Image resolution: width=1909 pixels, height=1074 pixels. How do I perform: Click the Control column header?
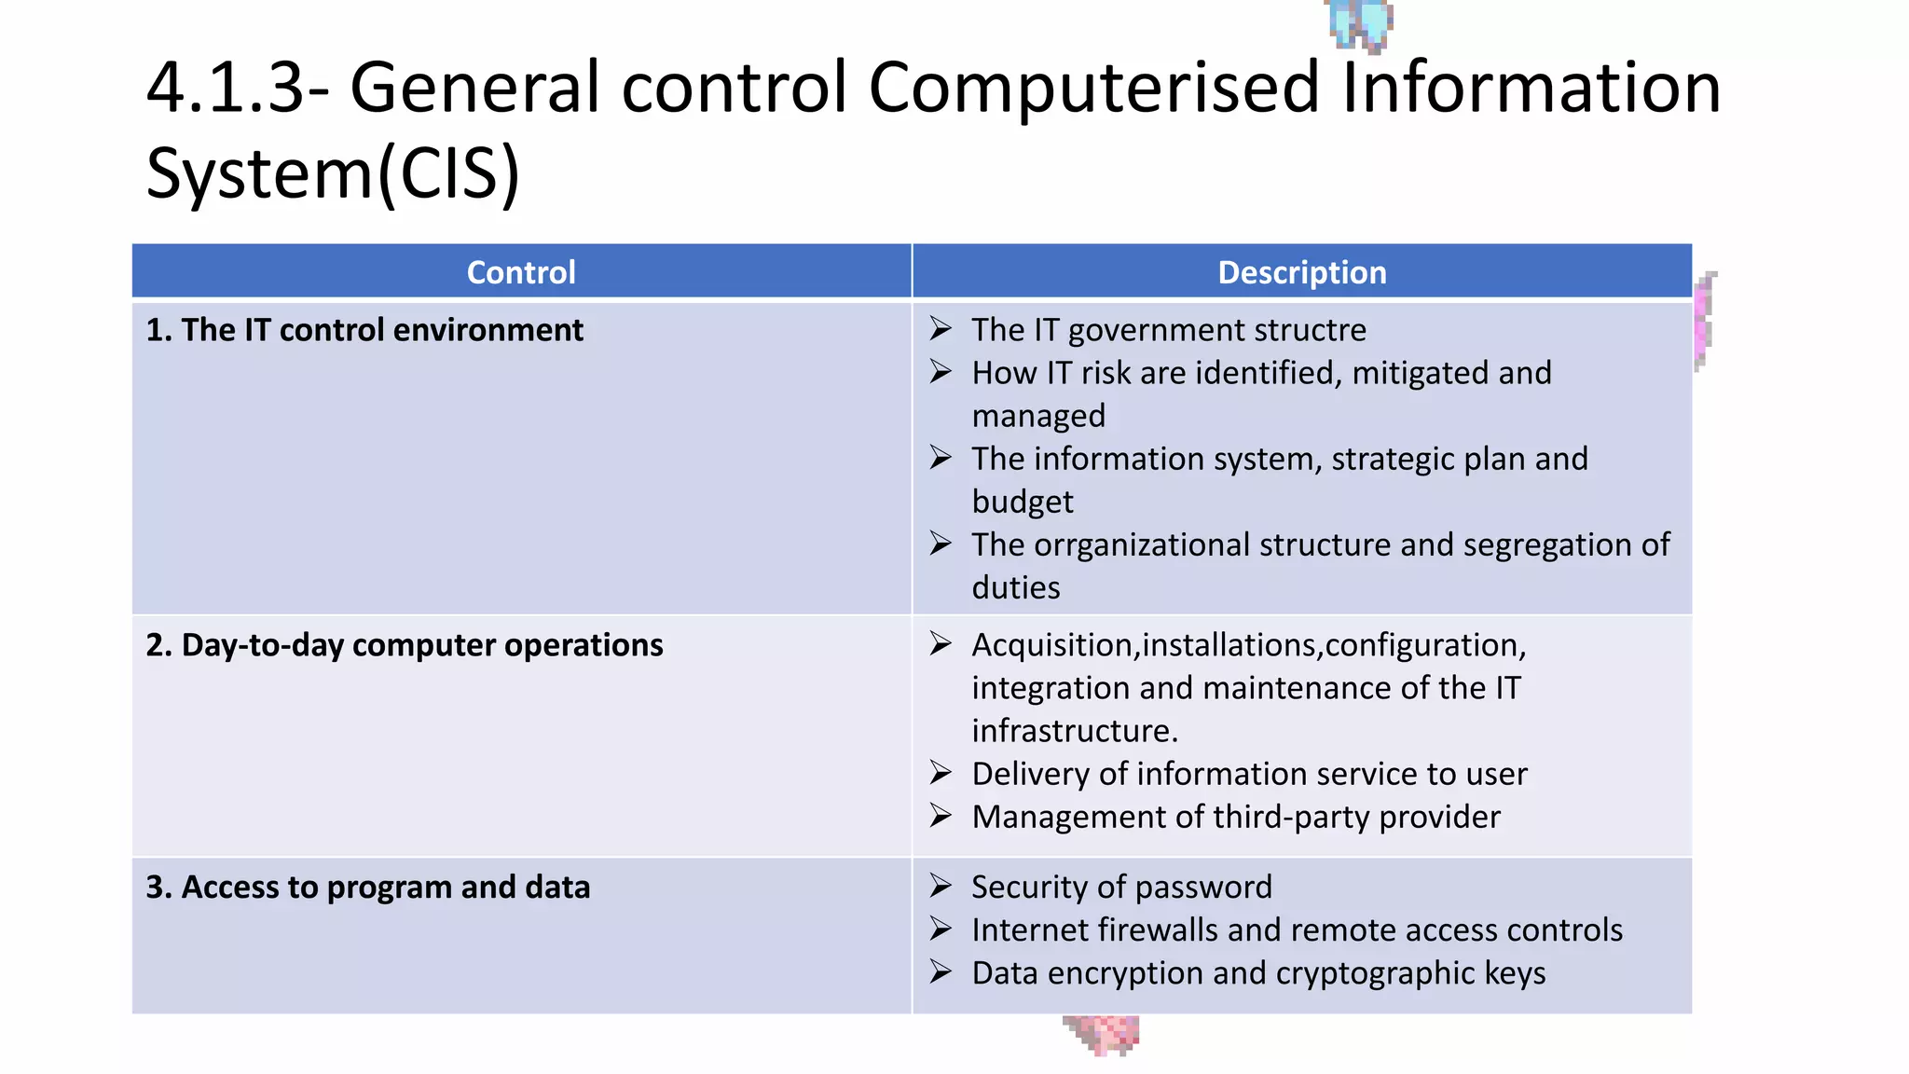coord(521,272)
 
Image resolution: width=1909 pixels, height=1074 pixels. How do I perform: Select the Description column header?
coord(1301,272)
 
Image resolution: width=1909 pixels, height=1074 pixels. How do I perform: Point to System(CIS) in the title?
coord(333,174)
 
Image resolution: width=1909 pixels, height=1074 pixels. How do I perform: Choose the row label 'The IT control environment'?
coord(364,330)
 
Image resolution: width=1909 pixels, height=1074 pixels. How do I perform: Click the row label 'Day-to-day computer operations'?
coord(405,645)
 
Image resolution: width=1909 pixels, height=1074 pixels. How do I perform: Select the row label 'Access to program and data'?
coord(368,888)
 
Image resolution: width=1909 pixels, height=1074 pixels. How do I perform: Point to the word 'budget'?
coord(1023,502)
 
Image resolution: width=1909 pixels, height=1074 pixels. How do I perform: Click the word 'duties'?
coord(1016,587)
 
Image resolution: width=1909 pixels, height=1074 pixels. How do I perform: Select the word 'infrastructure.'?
coord(1075,731)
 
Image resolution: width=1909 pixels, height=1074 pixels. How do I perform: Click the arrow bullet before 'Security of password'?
coord(941,886)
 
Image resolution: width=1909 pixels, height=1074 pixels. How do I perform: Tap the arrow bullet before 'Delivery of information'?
coord(941,773)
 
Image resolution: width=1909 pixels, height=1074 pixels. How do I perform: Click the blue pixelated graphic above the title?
coord(1360,23)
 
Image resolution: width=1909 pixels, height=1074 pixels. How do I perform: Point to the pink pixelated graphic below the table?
coord(1103,1034)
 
